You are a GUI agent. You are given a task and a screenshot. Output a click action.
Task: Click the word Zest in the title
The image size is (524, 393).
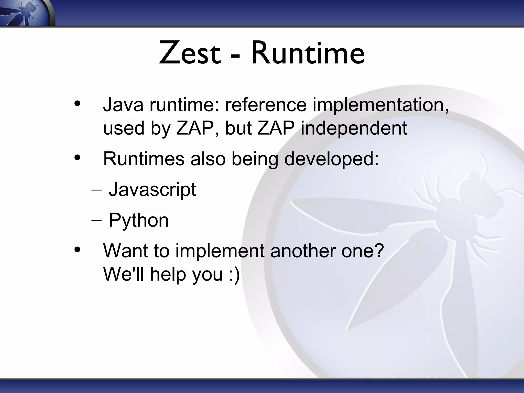point(189,54)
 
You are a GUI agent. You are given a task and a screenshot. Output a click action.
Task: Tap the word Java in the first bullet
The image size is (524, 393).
point(123,105)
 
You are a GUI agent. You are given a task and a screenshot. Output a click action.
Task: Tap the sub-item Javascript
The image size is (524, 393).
point(152,190)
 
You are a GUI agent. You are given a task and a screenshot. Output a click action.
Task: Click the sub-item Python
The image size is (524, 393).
point(138,221)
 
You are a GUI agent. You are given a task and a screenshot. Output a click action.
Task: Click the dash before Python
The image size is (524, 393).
point(96,221)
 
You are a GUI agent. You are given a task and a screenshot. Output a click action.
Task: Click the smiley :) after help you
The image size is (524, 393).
point(234,274)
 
